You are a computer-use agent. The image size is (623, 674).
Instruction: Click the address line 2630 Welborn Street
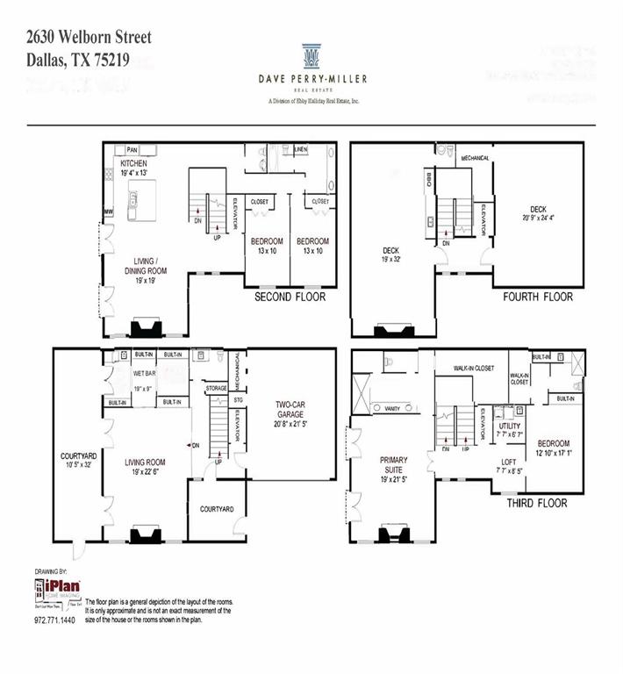click(89, 37)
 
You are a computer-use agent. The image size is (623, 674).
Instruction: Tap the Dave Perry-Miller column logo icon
click(311, 57)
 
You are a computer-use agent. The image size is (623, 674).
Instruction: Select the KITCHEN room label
click(134, 164)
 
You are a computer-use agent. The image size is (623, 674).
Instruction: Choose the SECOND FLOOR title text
click(290, 298)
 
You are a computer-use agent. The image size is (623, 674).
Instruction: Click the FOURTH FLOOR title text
click(538, 298)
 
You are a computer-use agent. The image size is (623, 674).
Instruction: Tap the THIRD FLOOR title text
click(536, 504)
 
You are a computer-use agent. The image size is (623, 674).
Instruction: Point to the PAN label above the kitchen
click(133, 150)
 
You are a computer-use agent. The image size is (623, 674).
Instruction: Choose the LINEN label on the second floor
click(301, 148)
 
